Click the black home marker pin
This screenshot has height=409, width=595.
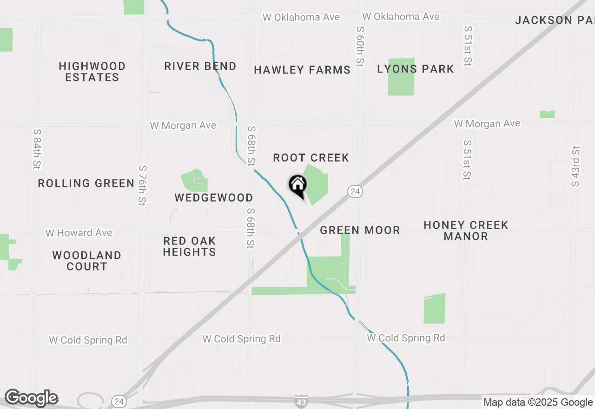(298, 185)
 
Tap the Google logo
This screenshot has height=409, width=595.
(32, 398)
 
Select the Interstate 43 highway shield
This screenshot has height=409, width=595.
(301, 402)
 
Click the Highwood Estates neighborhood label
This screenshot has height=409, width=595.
(92, 72)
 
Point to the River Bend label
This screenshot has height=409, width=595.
(200, 66)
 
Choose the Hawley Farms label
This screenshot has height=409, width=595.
(302, 70)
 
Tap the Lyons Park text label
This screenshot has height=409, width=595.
(416, 69)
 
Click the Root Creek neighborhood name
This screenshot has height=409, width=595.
(311, 158)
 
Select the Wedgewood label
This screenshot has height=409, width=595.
(214, 198)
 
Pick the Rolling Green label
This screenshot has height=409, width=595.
(86, 183)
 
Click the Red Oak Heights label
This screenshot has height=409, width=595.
(190, 246)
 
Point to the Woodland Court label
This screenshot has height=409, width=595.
(87, 261)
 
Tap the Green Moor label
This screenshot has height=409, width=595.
(360, 230)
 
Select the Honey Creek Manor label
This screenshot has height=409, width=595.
(466, 231)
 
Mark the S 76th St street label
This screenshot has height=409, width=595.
(142, 185)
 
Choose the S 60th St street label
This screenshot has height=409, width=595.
(360, 46)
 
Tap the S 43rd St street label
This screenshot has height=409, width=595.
(576, 166)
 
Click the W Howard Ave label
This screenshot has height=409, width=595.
(79, 232)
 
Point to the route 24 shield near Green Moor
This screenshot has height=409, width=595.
(355, 191)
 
